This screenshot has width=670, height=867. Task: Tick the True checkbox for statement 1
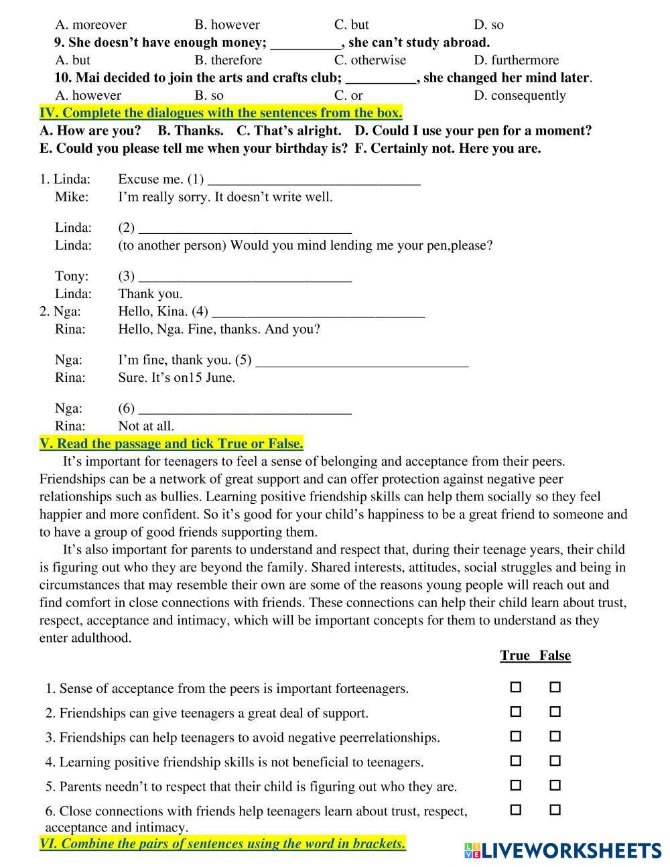[515, 687]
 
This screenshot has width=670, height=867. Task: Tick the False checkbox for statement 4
[555, 760]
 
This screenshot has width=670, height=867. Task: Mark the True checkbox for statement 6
[515, 809]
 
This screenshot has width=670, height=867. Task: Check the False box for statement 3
[555, 736]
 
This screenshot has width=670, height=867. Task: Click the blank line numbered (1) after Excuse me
[314, 179]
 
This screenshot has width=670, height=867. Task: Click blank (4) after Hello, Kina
[318, 311]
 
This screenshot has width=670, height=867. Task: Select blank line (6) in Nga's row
[245, 408]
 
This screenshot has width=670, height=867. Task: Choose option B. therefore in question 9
[228, 60]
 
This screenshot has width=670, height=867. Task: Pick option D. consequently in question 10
[519, 95]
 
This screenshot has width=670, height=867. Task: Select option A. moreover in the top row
[90, 25]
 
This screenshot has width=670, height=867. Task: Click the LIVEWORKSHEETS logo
[562, 850]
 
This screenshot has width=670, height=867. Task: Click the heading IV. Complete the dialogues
[220, 113]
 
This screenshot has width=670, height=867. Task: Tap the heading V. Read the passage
[171, 444]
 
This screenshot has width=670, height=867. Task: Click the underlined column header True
[515, 655]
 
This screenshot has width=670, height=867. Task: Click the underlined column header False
[555, 655]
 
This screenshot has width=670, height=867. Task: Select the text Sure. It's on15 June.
[176, 377]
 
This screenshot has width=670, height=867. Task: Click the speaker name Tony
[71, 276]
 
